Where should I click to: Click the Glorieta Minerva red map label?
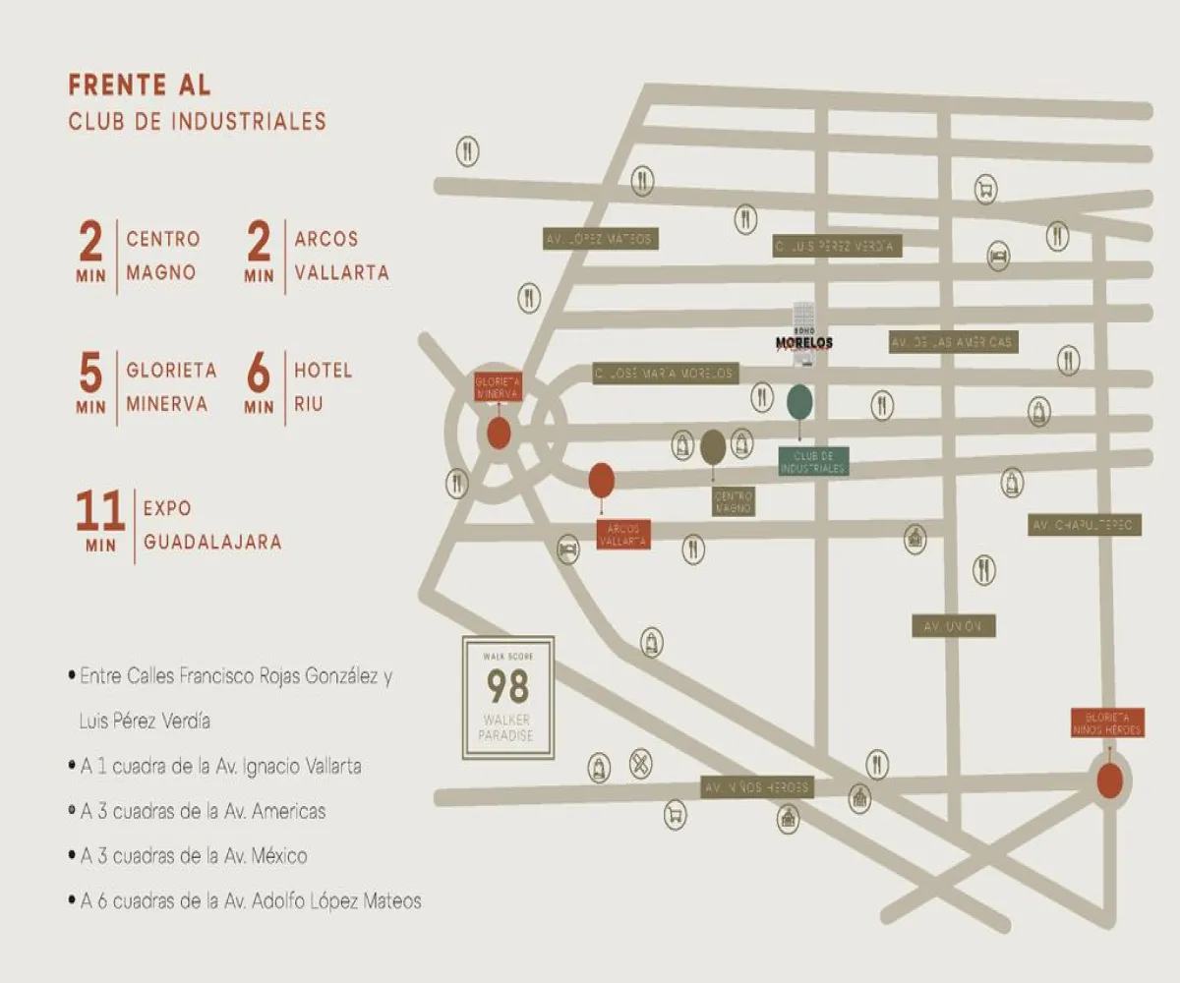[x=499, y=386]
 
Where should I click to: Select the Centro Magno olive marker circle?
[x=714, y=447]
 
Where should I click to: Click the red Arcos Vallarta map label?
[x=623, y=535]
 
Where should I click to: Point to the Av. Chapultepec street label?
[x=1085, y=526]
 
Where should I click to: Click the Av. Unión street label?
[x=953, y=626]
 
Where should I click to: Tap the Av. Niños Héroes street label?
[x=757, y=786]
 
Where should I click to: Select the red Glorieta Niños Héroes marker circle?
[x=1109, y=781]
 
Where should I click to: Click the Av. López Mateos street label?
[x=600, y=239]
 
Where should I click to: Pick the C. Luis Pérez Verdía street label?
[x=836, y=247]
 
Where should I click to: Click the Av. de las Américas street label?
[x=953, y=342]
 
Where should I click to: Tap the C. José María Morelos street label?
[x=666, y=374]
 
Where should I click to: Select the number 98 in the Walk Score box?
[x=508, y=685]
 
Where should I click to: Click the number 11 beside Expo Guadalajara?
[x=100, y=512]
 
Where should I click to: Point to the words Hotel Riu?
[x=323, y=387]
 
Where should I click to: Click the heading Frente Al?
[x=140, y=86]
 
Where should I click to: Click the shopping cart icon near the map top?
[x=985, y=189]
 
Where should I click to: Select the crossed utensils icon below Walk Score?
[x=640, y=764]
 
